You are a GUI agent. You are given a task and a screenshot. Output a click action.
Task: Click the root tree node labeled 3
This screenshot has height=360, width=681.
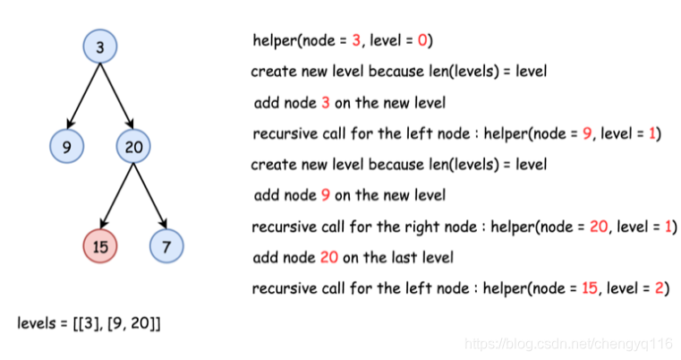pyautogui.click(x=100, y=47)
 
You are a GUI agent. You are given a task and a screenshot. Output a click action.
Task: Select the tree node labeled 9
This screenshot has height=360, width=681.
pyautogui.click(x=67, y=146)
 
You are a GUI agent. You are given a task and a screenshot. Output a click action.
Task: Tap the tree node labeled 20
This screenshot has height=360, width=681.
pyautogui.click(x=132, y=146)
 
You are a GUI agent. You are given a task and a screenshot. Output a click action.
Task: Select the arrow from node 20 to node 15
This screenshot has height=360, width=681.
pyautogui.click(x=116, y=195)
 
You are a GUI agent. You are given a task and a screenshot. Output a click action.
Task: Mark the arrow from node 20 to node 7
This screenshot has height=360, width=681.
pyautogui.click(x=149, y=195)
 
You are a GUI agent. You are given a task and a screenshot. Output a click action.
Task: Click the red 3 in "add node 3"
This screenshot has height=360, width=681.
pyautogui.click(x=325, y=103)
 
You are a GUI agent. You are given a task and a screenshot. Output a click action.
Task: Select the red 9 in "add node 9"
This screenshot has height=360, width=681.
pyautogui.click(x=325, y=195)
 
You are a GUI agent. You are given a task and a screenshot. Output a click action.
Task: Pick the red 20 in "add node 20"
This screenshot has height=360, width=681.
pyautogui.click(x=328, y=258)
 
